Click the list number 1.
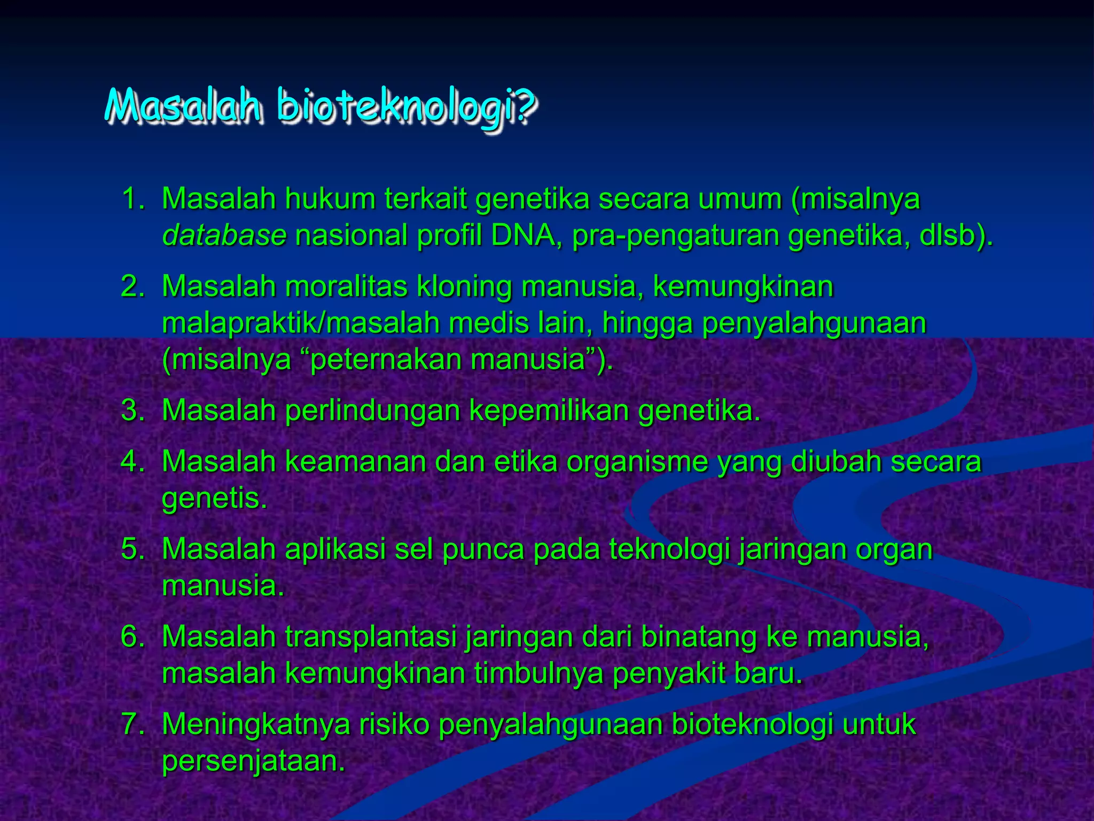click(133, 199)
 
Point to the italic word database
click(224, 236)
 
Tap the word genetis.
click(214, 499)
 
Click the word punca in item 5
click(483, 549)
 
